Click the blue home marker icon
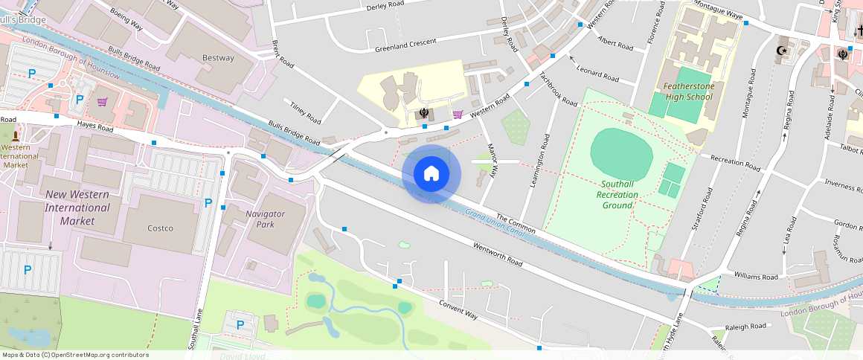431,174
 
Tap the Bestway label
218,58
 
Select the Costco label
159,228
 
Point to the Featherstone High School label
688,91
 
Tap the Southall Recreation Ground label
617,194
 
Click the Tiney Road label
305,112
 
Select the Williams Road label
756,277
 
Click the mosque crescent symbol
781,51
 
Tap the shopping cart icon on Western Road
458,114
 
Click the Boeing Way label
126,20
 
